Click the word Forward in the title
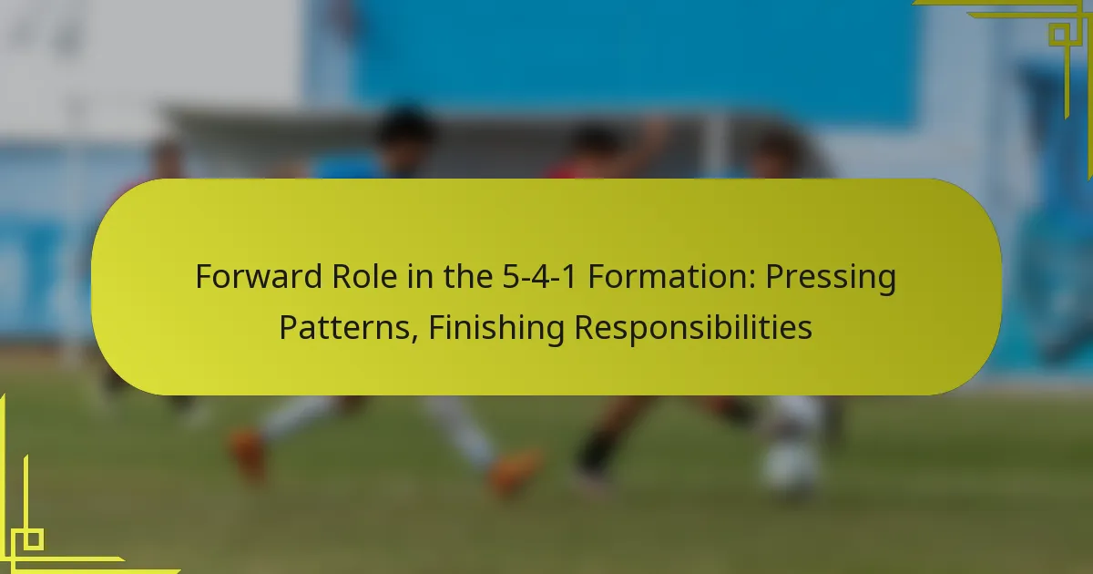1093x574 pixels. pyautogui.click(x=259, y=276)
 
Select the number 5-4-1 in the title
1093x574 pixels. pyautogui.click(x=539, y=276)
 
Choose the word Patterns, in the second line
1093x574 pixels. pyautogui.click(x=348, y=327)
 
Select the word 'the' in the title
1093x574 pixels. pyautogui.click(x=468, y=276)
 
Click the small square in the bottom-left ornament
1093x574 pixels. pyautogui.click(x=33, y=539)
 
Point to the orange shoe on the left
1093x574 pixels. pyautogui.click(x=249, y=453)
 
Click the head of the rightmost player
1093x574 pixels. pyautogui.click(x=776, y=152)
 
